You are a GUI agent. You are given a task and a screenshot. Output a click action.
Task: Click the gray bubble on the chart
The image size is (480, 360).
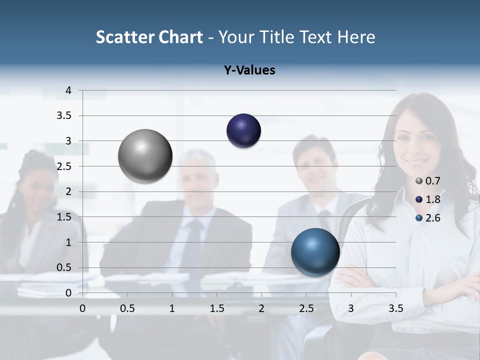point(145,156)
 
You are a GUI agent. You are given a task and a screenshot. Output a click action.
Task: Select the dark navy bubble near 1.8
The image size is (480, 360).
point(243,131)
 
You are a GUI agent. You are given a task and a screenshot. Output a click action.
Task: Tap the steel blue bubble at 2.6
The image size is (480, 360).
point(315,252)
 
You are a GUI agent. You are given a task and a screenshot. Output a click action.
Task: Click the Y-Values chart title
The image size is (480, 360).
point(249,70)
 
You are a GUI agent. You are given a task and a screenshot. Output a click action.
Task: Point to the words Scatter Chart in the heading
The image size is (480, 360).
point(149,37)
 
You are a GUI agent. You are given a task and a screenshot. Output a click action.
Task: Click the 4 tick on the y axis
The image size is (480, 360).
point(68,90)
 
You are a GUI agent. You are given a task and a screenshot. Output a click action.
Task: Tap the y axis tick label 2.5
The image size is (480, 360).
point(64,166)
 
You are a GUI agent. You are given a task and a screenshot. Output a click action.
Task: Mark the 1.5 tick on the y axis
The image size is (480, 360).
point(64,217)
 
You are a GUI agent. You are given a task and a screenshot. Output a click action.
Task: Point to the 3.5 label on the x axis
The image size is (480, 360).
point(396,308)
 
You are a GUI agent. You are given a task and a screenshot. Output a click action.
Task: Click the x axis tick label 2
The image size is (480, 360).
point(261,308)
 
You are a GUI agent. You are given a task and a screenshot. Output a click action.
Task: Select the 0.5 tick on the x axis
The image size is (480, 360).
point(127,308)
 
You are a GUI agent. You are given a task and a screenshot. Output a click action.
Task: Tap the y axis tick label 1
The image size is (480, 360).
point(68,242)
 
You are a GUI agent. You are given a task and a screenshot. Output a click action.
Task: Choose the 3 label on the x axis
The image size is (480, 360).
point(351,308)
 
